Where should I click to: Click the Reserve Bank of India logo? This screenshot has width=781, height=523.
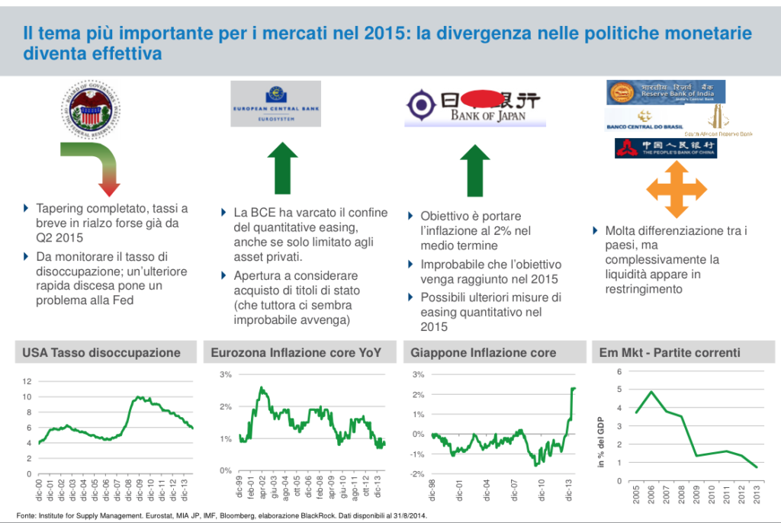[x=666, y=91]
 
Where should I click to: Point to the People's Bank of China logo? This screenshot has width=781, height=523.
[x=665, y=147]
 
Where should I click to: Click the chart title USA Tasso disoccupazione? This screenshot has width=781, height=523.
[x=101, y=352]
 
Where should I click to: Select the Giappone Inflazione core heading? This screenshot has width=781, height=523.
[x=484, y=352]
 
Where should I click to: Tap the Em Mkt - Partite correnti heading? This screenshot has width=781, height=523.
[x=664, y=352]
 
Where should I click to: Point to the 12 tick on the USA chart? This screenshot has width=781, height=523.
[x=27, y=381]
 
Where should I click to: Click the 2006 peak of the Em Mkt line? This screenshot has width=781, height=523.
[x=651, y=392]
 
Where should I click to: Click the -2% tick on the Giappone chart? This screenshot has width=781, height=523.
[x=418, y=474]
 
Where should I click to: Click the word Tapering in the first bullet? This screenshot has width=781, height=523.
[x=61, y=208]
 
